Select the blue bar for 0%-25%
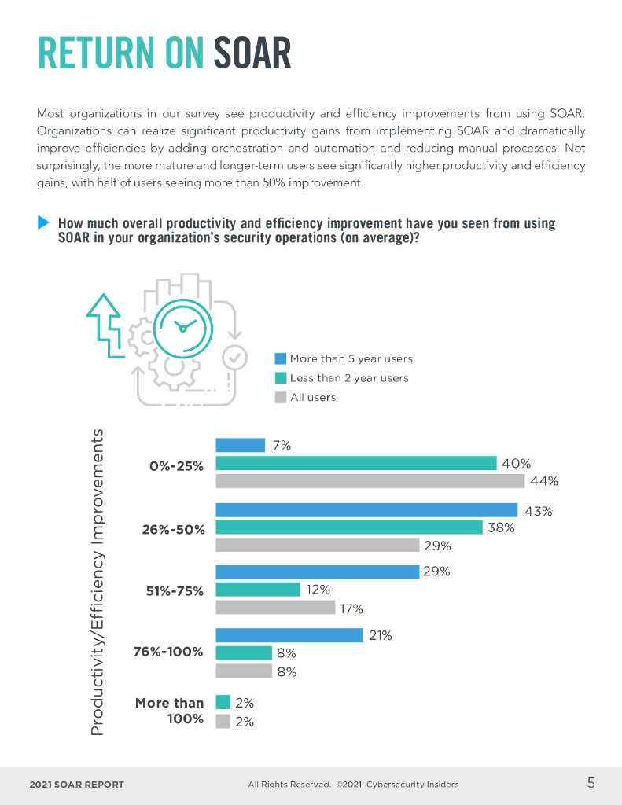tap(240, 445)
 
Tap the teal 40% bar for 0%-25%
tap(355, 464)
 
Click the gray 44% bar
tap(370, 481)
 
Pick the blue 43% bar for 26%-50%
tap(366, 510)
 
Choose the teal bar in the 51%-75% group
tap(258, 590)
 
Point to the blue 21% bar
tap(289, 635)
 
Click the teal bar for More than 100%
tap(223, 703)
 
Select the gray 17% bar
tap(275, 608)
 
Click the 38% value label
tap(501, 528)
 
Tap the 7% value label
tap(282, 445)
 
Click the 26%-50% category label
tap(173, 529)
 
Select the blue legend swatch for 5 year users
tap(280, 358)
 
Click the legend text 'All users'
tap(313, 398)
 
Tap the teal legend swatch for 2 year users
tap(280, 378)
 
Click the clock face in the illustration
tap(182, 327)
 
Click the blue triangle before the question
tap(44, 223)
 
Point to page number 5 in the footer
tap(591, 782)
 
